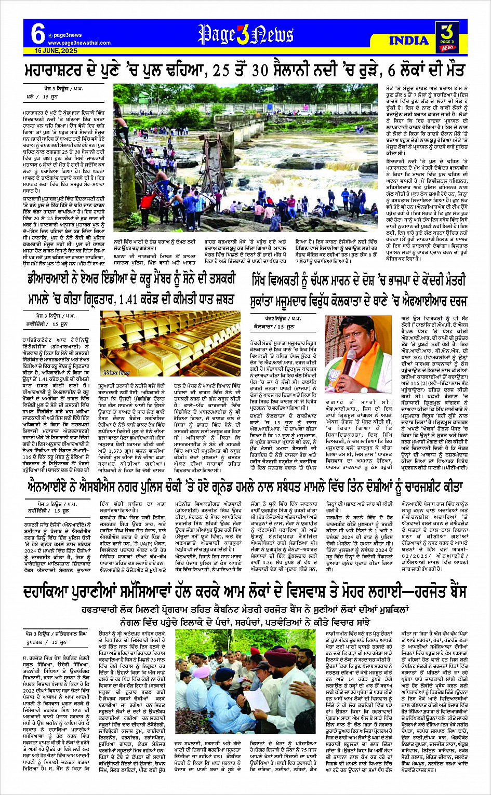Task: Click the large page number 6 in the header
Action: coord(37,34)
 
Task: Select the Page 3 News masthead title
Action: coord(246,35)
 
